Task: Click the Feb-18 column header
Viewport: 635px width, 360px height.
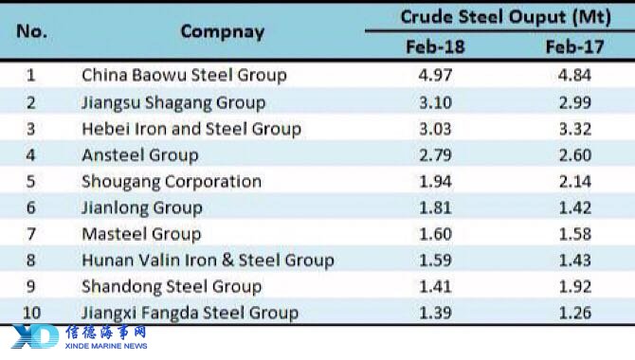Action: (x=435, y=47)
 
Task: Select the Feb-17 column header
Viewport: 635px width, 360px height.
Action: (x=574, y=47)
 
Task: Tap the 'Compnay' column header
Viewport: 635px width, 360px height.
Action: (x=223, y=32)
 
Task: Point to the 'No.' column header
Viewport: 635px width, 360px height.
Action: (x=31, y=31)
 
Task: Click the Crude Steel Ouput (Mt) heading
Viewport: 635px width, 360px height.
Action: (x=506, y=17)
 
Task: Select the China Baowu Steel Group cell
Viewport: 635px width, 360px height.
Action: (x=184, y=76)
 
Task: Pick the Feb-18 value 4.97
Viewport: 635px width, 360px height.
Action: (x=435, y=76)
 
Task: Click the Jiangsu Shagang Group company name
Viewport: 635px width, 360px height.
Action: (x=173, y=103)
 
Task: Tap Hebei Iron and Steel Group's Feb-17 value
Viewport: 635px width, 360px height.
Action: (x=575, y=129)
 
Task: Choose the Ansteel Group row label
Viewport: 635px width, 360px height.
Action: (x=140, y=155)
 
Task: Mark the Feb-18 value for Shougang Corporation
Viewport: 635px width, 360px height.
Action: (x=435, y=181)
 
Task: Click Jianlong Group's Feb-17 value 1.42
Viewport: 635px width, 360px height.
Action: (x=575, y=207)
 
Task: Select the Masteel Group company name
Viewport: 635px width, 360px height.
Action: (x=141, y=234)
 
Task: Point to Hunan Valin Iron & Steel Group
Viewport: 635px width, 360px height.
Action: (x=208, y=261)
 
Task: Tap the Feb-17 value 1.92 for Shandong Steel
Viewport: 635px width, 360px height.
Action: (x=575, y=287)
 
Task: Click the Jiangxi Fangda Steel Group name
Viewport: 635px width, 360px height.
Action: (x=190, y=313)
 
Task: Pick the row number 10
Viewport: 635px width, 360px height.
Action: (x=31, y=313)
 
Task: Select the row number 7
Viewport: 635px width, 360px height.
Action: (x=31, y=234)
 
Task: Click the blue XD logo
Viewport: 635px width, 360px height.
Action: (x=35, y=336)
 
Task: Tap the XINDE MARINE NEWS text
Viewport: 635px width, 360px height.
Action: (x=106, y=346)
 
